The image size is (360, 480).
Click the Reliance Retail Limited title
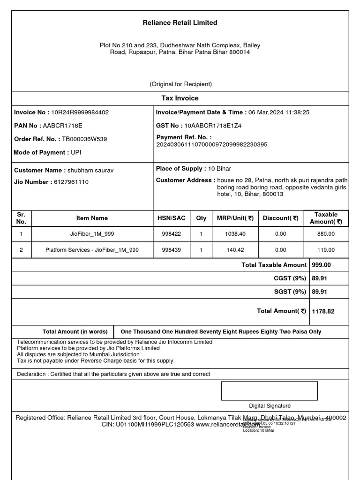180,22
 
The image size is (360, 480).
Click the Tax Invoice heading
180,98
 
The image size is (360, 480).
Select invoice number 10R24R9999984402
80,112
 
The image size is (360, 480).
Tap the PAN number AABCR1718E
62,126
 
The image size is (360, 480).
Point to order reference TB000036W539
84,139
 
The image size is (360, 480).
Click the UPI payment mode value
76,152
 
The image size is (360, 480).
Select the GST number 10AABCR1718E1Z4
213,126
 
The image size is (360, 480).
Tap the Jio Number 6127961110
71,182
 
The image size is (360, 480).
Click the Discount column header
280,218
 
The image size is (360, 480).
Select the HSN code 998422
171,233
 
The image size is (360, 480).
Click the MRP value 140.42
235,250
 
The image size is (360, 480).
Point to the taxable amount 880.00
326,233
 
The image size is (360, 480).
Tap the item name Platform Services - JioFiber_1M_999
92,250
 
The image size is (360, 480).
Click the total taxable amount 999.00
322,265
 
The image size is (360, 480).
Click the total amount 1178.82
323,311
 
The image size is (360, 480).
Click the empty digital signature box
269,390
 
